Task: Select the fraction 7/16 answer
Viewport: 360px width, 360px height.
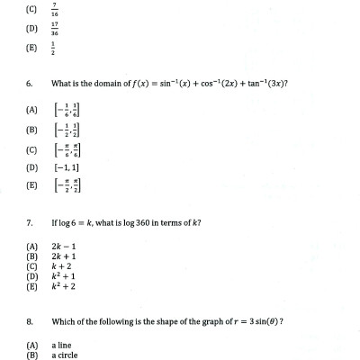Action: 56,13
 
